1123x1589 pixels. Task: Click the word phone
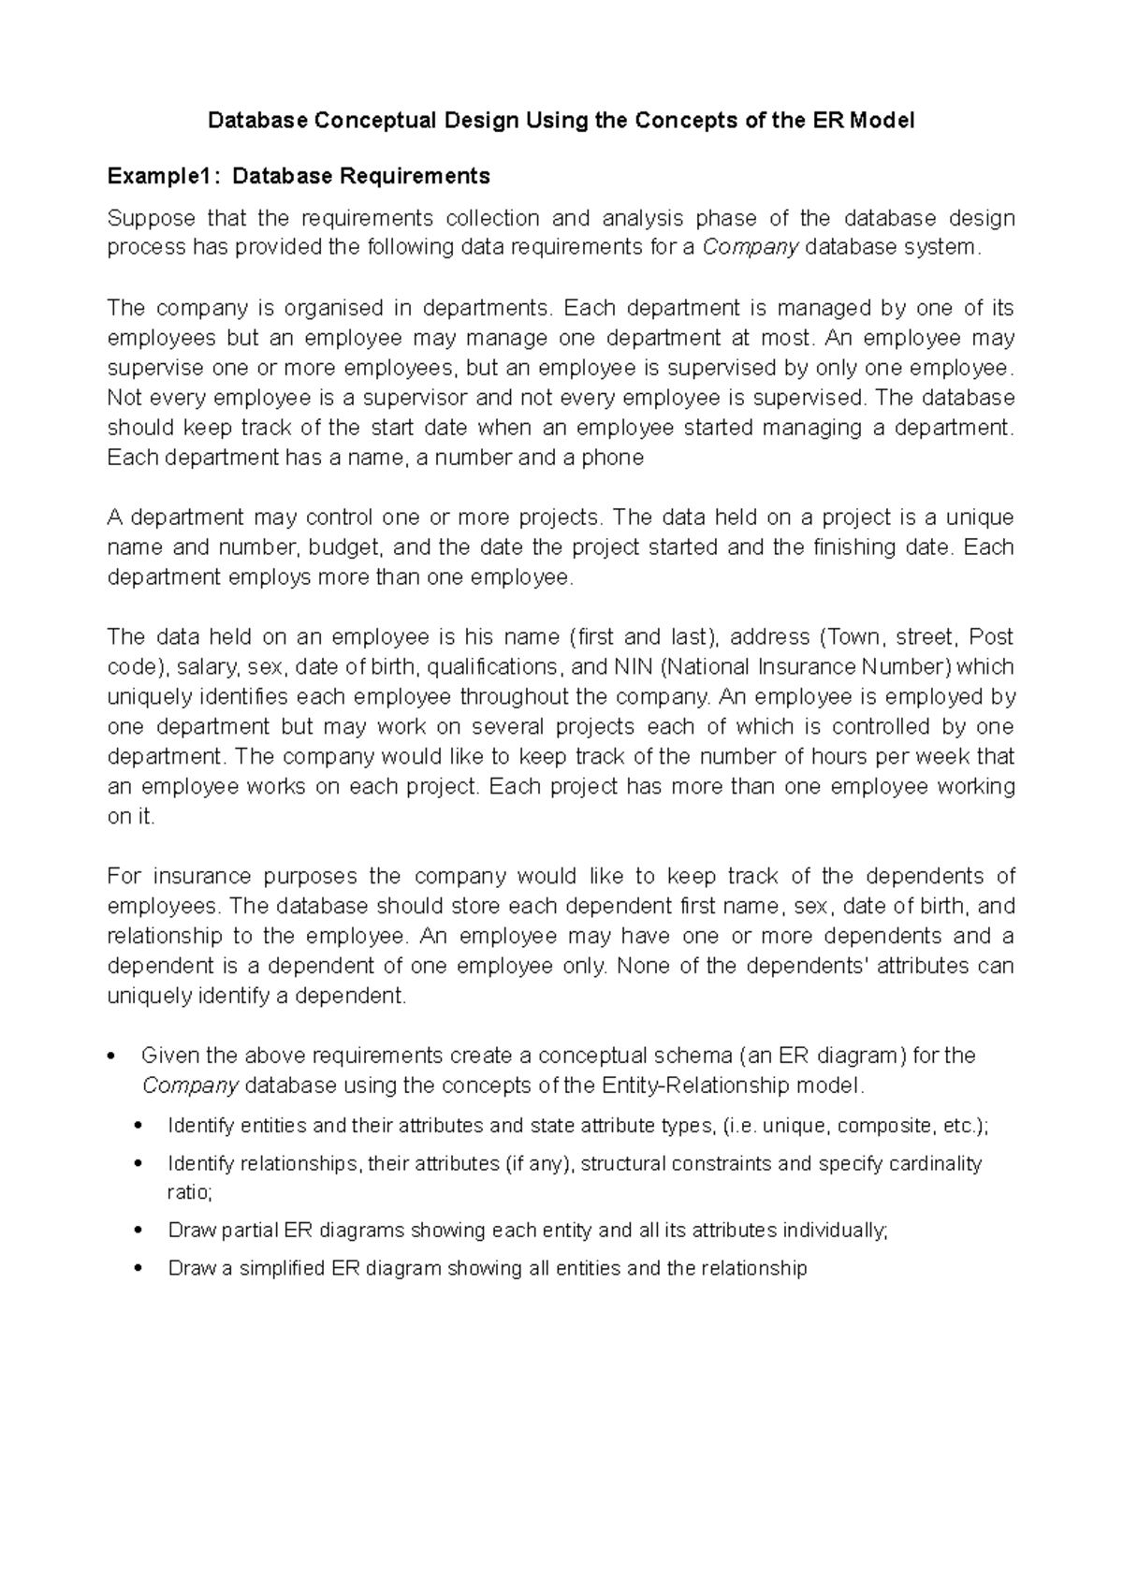tap(613, 458)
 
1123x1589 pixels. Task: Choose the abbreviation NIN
tap(634, 667)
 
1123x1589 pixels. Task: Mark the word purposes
tap(311, 876)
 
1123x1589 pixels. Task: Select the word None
tap(644, 966)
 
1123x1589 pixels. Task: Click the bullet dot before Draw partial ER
tap(139, 1231)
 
